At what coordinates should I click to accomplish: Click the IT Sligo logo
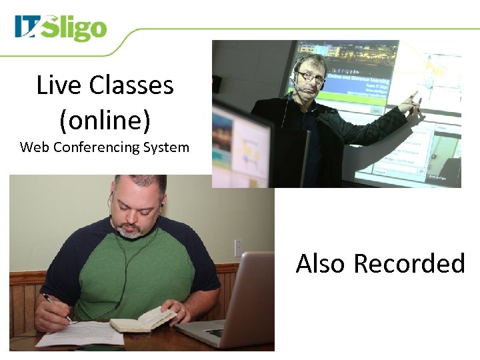point(61,28)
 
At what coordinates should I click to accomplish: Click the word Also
point(321,263)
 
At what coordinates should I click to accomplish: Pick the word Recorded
point(409,263)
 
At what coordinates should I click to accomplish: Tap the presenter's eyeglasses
point(311,77)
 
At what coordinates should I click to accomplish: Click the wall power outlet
point(239,248)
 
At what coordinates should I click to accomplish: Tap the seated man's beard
point(131,231)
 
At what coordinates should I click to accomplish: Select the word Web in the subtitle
point(33,147)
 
